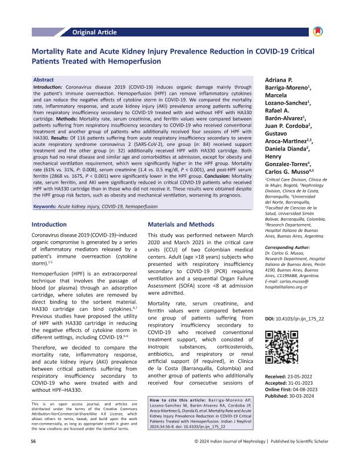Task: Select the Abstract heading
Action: coord(44,79)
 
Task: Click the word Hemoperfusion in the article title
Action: coord(129,60)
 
